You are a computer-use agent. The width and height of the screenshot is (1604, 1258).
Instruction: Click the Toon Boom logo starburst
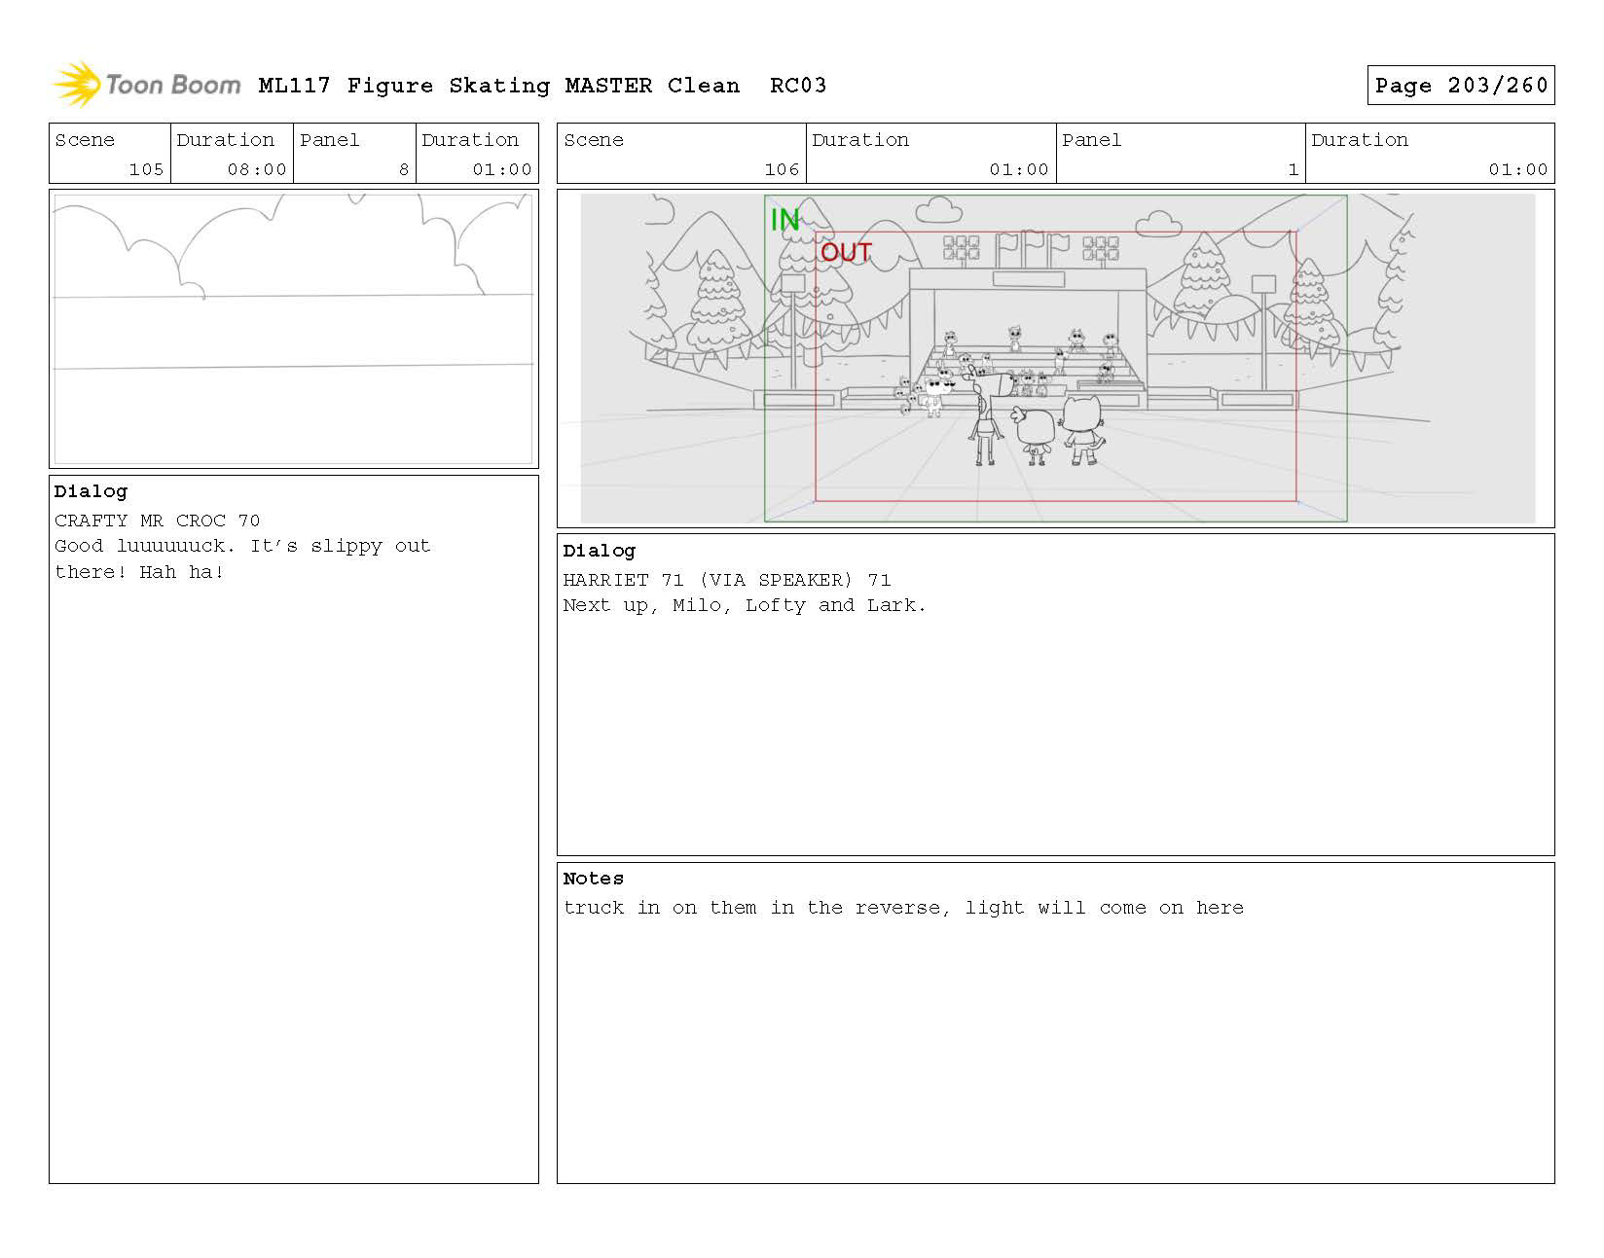point(77,84)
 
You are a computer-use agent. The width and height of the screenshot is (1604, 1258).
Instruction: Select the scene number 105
point(145,169)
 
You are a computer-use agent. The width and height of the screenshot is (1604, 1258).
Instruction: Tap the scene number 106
point(781,169)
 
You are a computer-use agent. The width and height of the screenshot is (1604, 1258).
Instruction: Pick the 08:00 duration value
point(256,169)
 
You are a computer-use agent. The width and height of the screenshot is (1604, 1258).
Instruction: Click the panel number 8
point(403,169)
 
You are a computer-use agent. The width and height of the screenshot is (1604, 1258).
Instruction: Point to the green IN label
point(784,219)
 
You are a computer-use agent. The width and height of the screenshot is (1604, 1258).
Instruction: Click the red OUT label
point(845,252)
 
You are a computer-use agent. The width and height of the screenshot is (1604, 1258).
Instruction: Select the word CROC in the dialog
point(200,521)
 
